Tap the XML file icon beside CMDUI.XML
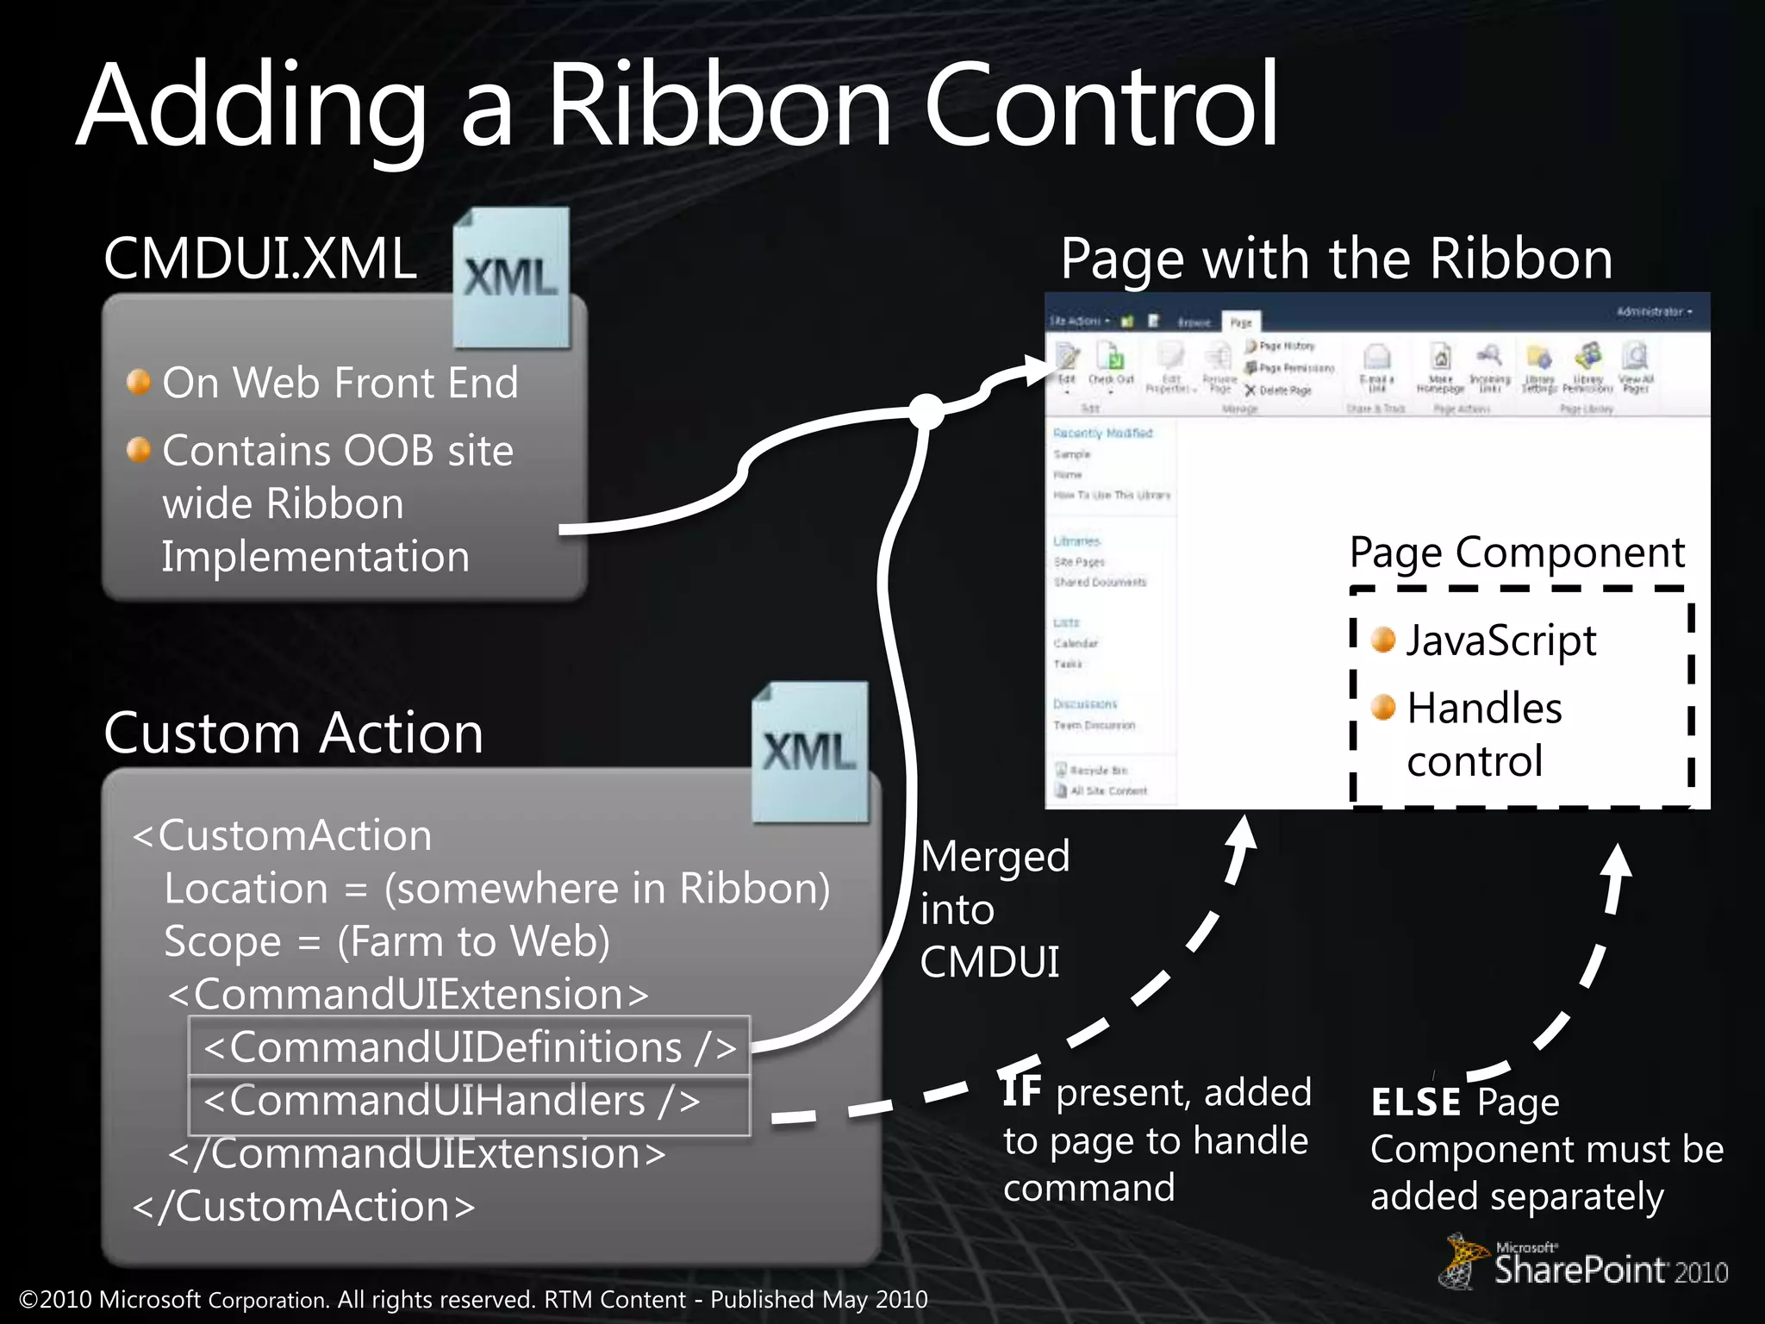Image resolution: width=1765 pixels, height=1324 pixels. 512,278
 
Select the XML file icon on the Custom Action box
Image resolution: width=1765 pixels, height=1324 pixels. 809,752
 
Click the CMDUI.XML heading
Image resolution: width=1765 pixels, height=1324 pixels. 259,258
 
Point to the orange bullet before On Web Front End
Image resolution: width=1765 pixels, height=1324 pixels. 139,381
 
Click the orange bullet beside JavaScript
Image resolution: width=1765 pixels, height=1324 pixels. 1383,640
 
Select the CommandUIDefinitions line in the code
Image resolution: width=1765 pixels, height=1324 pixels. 470,1047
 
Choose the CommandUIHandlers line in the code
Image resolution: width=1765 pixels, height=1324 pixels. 452,1101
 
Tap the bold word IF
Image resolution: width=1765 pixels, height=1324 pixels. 1022,1091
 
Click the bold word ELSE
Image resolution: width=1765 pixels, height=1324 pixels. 1415,1102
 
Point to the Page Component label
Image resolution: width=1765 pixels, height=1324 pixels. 1517,553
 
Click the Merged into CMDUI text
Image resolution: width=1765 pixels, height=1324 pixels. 993,909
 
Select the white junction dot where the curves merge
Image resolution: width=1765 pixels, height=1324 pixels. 926,411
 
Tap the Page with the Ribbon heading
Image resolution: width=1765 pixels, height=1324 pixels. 1336,258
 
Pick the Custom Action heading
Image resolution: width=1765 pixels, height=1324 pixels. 293,734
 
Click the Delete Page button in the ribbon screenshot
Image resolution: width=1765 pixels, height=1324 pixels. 1279,390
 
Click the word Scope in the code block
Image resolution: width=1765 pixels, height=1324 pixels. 222,941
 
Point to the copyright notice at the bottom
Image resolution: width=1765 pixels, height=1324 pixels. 472,1299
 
